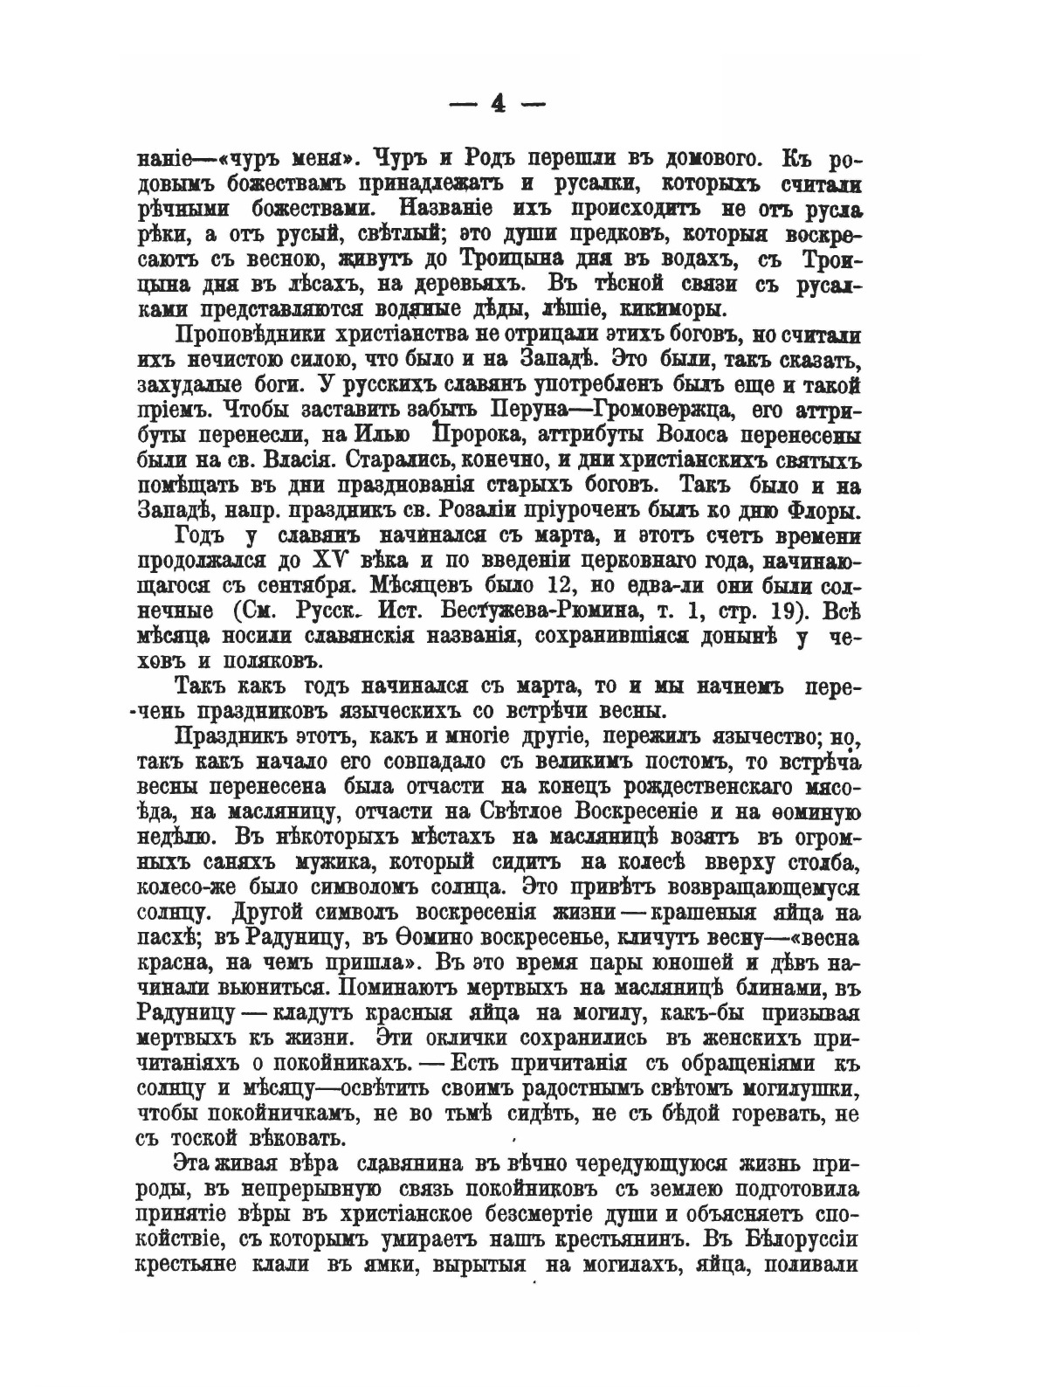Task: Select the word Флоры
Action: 826,510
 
